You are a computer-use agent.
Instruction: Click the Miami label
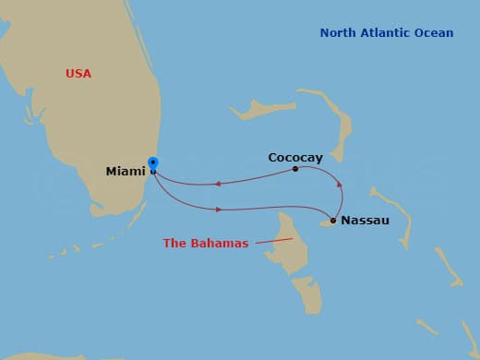click(126, 171)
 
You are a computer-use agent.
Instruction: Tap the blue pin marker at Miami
click(152, 164)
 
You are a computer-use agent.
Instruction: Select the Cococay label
click(295, 157)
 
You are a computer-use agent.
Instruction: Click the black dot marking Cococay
click(295, 169)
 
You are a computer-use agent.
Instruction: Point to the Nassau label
click(365, 221)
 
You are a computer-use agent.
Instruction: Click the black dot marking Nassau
click(332, 221)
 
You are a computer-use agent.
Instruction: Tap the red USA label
click(78, 73)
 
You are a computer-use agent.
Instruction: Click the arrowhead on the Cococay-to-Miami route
click(217, 184)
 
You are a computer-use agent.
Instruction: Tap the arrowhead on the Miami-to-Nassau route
click(219, 210)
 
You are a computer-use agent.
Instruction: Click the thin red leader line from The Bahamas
click(272, 241)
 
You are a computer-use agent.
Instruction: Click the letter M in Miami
click(112, 171)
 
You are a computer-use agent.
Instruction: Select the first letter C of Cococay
click(272, 157)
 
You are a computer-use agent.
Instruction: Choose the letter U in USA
click(70, 73)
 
